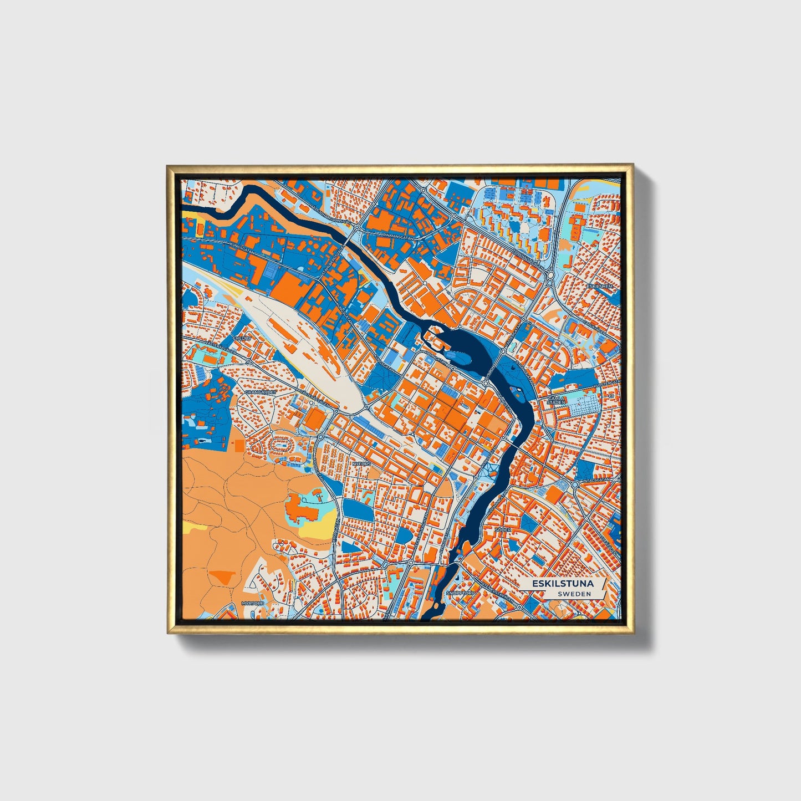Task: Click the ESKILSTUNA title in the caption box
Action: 563,584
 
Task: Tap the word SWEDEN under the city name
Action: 574,594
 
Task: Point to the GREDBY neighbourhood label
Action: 242,338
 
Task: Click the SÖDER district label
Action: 503,530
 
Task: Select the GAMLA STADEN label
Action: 556,401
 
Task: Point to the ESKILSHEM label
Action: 603,287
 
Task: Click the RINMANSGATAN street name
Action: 397,235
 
